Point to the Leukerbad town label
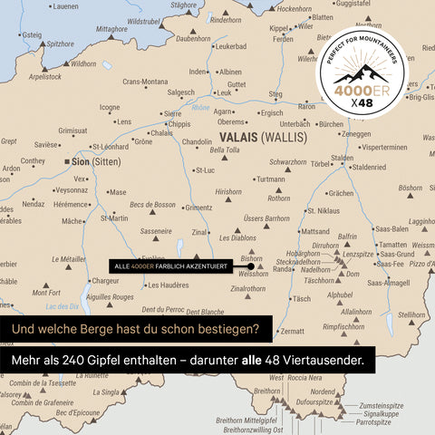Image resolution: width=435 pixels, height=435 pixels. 230,46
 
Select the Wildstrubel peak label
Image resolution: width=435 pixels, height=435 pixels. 144,20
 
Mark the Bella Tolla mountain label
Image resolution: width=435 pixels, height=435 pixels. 225,150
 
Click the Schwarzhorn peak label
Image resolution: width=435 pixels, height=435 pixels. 287,162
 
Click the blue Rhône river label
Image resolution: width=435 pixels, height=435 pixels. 201,108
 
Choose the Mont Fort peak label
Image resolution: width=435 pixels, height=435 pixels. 46,293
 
